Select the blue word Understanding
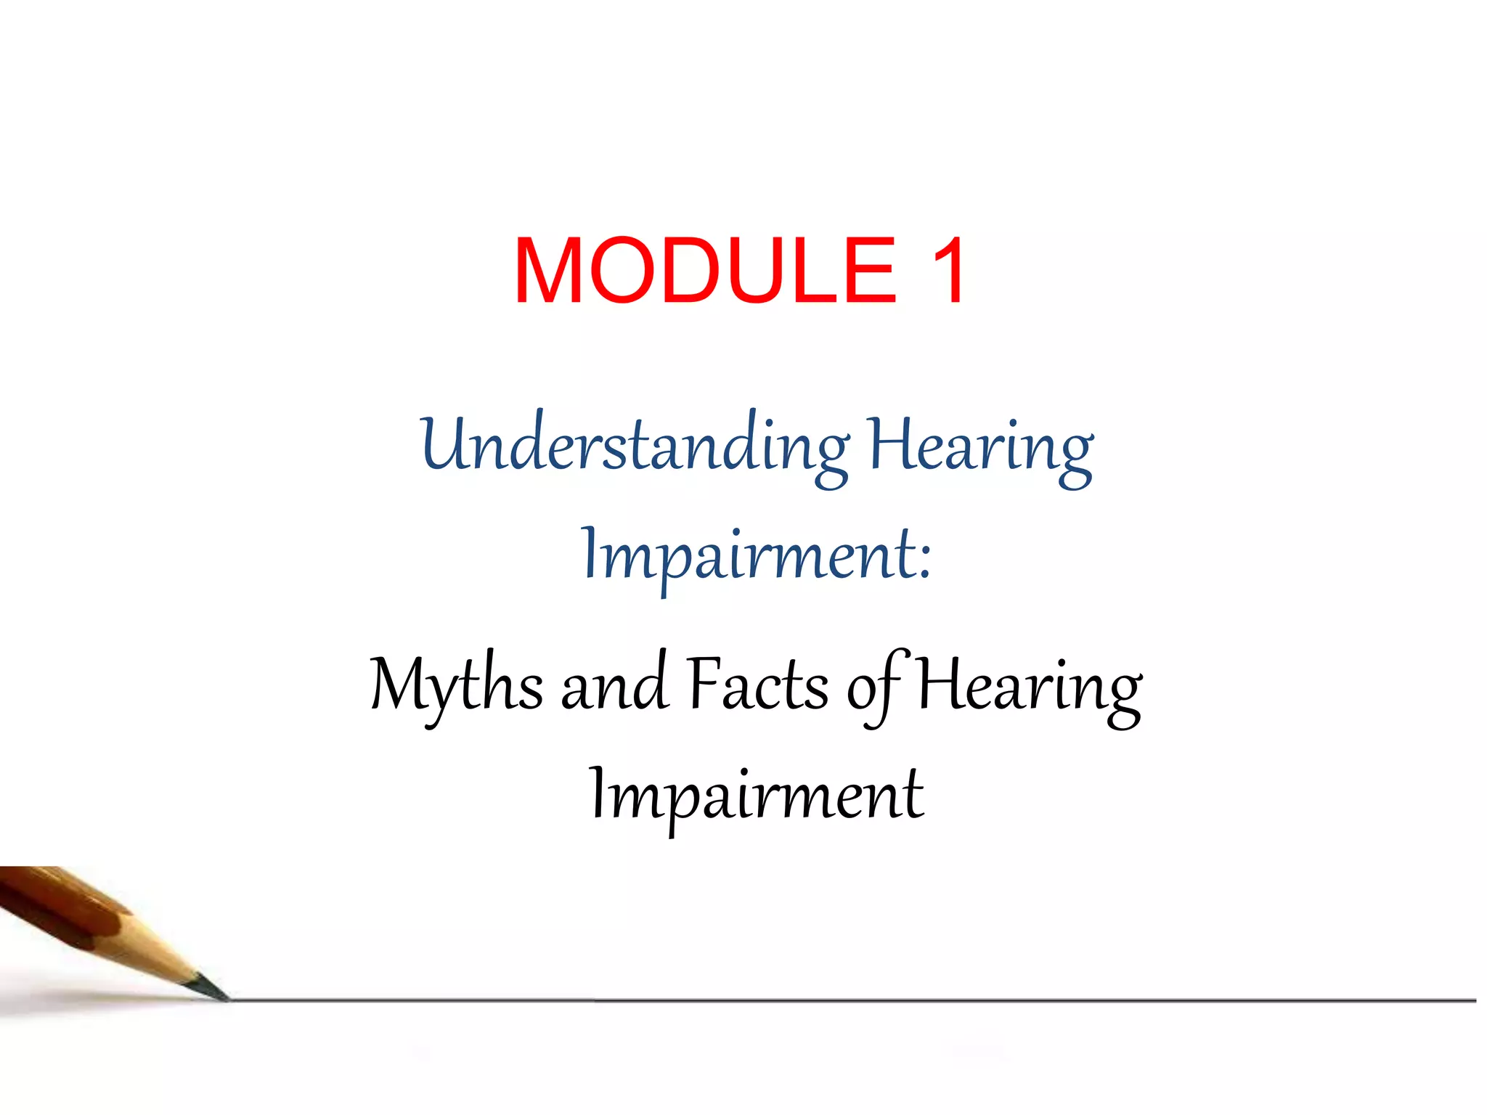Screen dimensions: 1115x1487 click(x=634, y=446)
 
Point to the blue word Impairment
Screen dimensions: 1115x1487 click(x=748, y=556)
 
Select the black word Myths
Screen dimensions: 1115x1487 click(x=456, y=685)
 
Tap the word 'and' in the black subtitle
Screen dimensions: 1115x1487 click(x=614, y=687)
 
